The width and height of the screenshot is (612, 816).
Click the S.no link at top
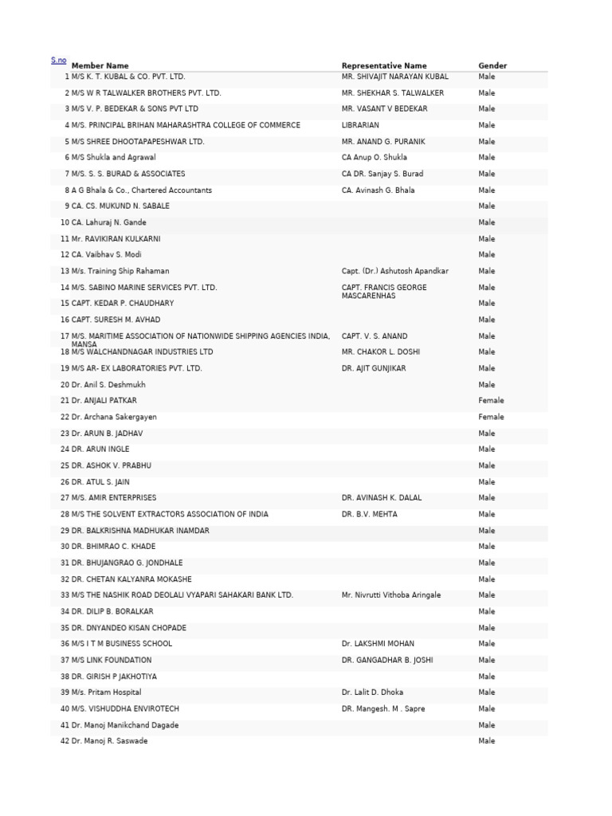coord(59,61)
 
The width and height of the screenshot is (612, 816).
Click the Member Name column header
coord(100,65)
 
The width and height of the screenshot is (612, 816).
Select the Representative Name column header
coord(384,65)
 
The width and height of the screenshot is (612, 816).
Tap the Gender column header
coord(492,65)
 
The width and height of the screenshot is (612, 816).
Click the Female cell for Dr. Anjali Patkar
coord(491,401)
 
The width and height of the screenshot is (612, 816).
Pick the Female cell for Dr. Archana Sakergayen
coord(491,417)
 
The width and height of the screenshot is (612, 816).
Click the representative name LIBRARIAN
coord(360,125)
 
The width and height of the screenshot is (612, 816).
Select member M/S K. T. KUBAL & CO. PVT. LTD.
coord(127,76)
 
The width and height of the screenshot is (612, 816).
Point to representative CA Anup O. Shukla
coord(374,158)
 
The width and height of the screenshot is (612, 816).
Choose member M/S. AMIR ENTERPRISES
coord(114,498)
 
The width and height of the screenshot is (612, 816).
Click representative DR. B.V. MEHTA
coord(369,514)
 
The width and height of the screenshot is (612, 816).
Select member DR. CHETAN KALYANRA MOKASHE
coord(131,579)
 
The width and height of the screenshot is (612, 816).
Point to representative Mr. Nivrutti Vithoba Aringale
coord(390,595)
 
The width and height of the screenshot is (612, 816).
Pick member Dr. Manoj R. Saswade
coord(109,741)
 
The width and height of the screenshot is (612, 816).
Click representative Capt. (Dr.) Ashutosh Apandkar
coord(394,271)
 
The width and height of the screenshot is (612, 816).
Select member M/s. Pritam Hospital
coord(106,692)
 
